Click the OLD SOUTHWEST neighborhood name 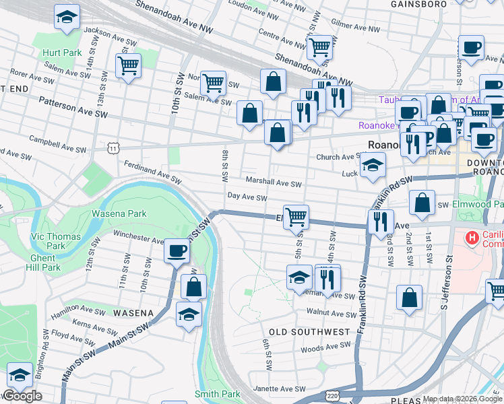309,332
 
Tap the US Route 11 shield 114,146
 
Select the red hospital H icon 472,237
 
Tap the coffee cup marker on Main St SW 177,250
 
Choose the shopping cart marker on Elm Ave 296,217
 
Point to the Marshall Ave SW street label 273,182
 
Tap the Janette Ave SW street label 279,389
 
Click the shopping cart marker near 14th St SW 127,66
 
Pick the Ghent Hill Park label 46,263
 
